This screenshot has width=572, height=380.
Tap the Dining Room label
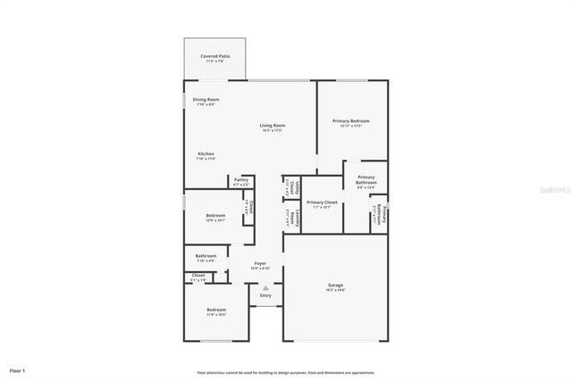pos(206,99)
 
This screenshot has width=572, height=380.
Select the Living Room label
pos(272,125)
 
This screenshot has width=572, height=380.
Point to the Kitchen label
pos(206,153)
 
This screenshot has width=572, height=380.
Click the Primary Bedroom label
pos(351,120)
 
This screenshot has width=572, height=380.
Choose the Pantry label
pos(241,179)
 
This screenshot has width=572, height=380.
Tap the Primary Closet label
pos(322,202)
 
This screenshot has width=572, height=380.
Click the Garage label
pos(335,285)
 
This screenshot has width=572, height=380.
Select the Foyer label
pos(261,263)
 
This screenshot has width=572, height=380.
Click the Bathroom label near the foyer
pos(206,257)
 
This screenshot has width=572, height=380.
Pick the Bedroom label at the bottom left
pos(216,310)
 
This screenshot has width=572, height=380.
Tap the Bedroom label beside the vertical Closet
pos(215,215)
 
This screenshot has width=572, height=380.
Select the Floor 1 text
pos(18,370)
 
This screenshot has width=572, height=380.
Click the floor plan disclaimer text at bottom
pos(286,373)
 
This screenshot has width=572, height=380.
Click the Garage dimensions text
pos(335,291)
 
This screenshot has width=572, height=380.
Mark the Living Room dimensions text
pos(272,130)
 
